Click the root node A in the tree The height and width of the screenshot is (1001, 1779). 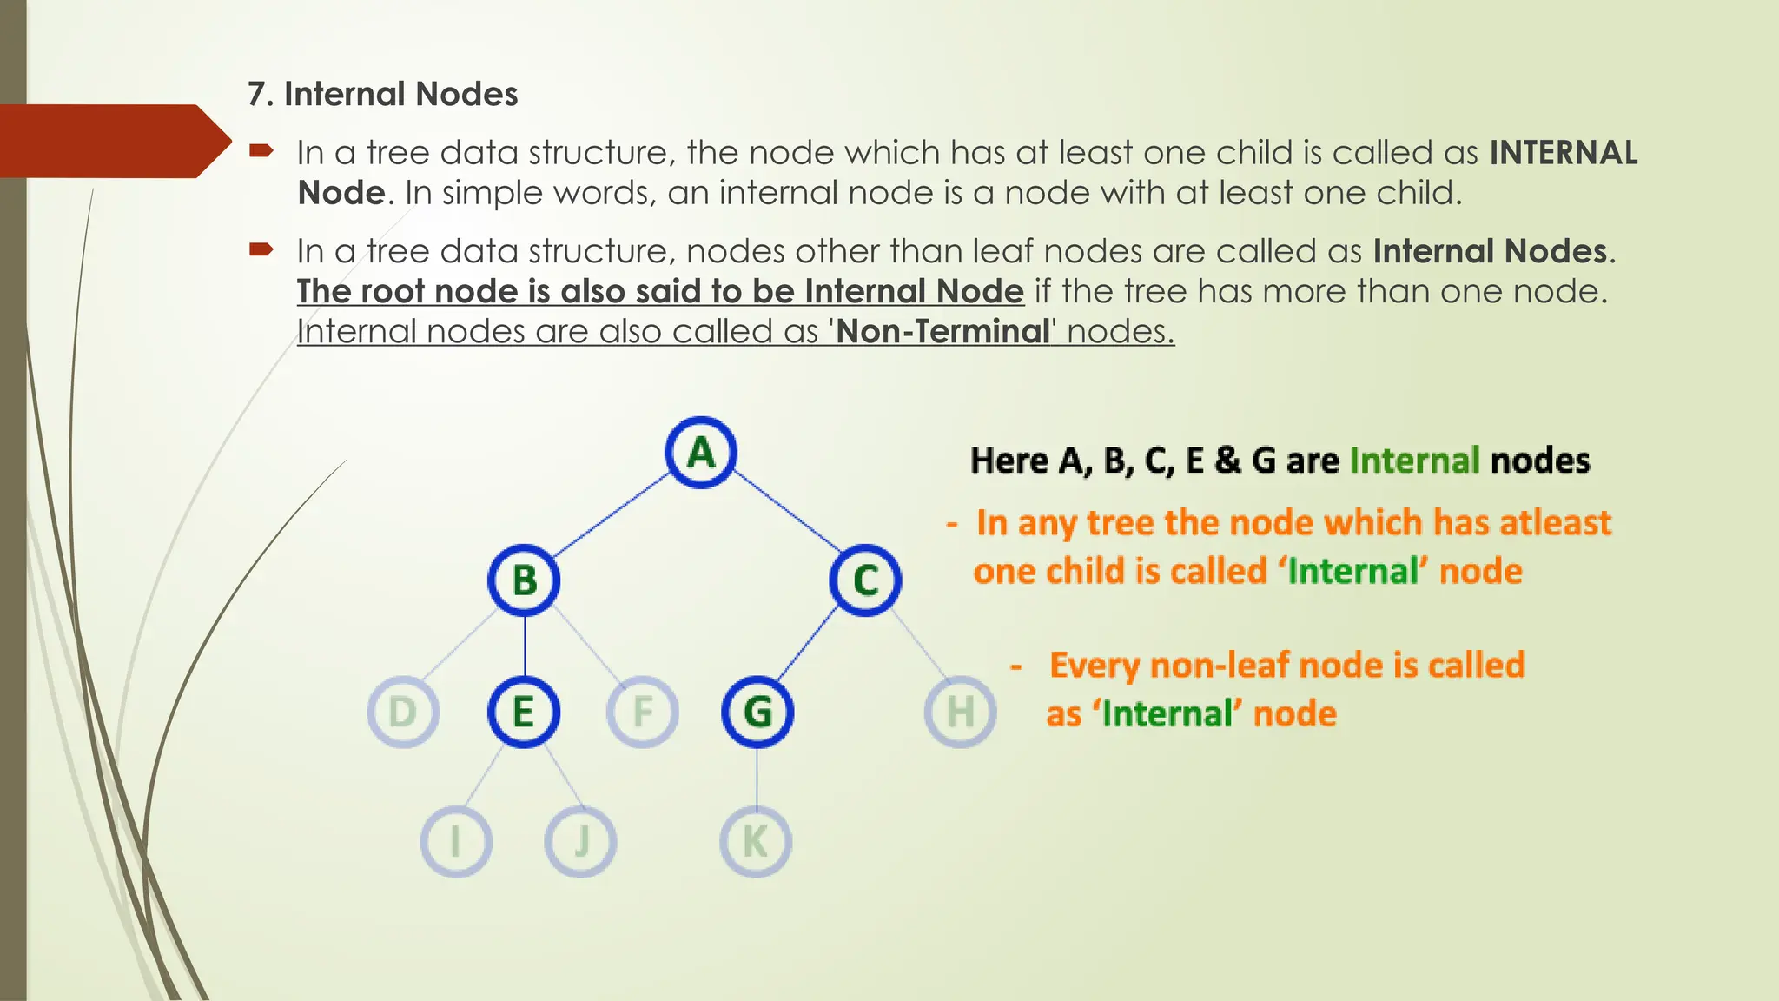coord(701,453)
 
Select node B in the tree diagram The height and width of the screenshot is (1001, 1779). coord(524,580)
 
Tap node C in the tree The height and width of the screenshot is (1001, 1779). coord(865,580)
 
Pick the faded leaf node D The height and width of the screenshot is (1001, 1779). coord(403,713)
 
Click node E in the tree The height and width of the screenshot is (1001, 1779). coord(524,713)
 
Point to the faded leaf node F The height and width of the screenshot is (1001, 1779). coord(643,713)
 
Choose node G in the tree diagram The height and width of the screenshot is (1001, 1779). coord(757,713)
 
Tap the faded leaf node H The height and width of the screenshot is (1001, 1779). coord(960,713)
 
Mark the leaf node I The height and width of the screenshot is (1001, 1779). coord(456,842)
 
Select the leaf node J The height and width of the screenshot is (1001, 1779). coord(581,842)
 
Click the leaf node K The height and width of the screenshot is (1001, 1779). coord(756,842)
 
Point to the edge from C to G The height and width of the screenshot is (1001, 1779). coord(808,643)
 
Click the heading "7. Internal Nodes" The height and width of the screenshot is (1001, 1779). coord(383,94)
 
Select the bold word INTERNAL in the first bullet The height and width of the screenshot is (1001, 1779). coord(1564,153)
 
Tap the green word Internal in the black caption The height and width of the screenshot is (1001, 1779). coord(1414,461)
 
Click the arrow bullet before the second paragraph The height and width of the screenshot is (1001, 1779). coord(261,250)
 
